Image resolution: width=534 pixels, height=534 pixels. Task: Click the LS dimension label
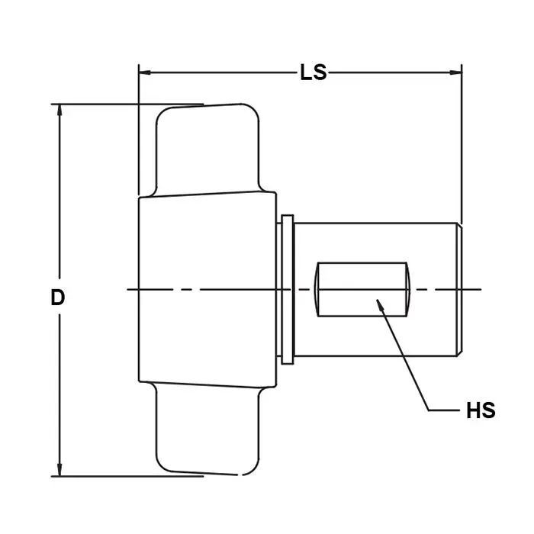pos(314,72)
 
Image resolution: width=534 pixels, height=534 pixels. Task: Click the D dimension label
pos(57,298)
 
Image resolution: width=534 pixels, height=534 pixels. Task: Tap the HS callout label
pos(481,410)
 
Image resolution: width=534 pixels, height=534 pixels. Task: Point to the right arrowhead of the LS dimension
pos(455,72)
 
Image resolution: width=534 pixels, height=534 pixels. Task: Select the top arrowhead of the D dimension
pos(60,111)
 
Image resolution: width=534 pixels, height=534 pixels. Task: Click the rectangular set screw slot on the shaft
pos(362,289)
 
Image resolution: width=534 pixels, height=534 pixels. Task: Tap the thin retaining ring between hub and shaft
pos(288,289)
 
